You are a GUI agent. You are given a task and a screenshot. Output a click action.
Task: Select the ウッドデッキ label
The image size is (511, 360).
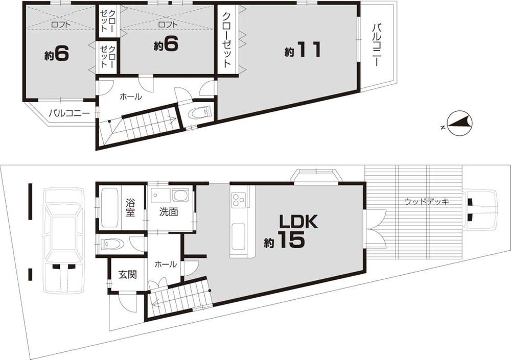426,202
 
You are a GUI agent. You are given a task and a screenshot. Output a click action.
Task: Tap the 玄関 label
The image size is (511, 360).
128,274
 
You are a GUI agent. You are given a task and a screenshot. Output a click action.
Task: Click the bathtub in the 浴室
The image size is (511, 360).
110,207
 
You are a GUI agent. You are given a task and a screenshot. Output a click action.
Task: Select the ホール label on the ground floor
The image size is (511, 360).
165,264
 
